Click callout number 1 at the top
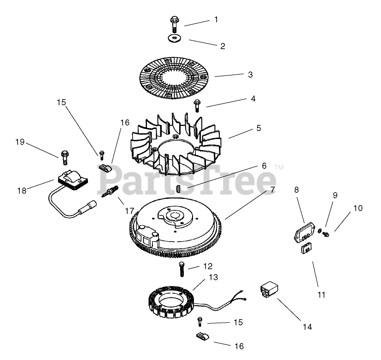pyautogui.click(x=216, y=20)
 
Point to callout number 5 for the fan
pyautogui.click(x=258, y=128)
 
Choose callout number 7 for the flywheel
pyautogui.click(x=272, y=190)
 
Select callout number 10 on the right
pyautogui.click(x=358, y=209)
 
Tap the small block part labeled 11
pyautogui.click(x=305, y=249)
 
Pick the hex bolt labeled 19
pyautogui.click(x=64, y=157)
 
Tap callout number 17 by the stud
pyautogui.click(x=129, y=210)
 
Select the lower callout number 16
pyautogui.click(x=239, y=346)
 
